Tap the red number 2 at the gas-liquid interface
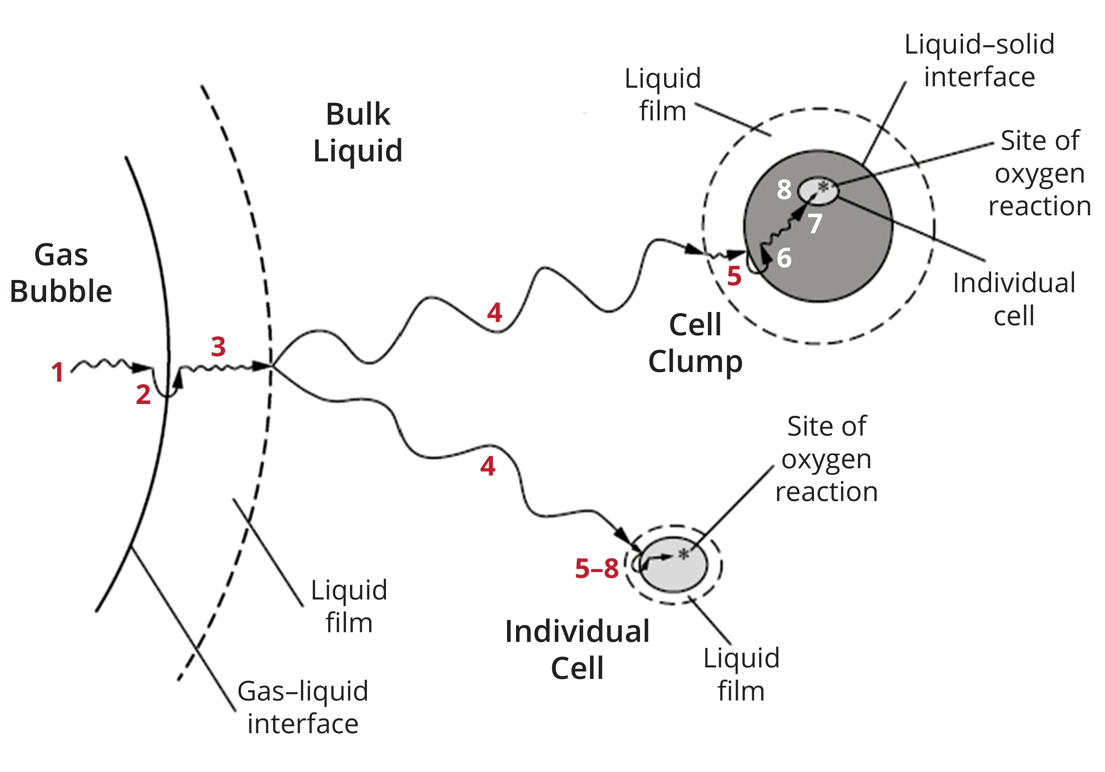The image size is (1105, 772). (x=143, y=394)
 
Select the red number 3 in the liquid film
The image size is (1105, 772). (x=218, y=346)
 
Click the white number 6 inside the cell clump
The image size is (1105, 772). (x=784, y=258)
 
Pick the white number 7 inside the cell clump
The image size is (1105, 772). (x=814, y=224)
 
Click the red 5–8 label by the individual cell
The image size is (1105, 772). (x=597, y=569)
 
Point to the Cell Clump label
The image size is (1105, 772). (x=695, y=343)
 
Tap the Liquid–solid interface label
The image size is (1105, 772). (x=979, y=61)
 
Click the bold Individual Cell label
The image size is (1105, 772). (x=577, y=650)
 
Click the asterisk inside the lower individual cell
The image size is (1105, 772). (x=683, y=555)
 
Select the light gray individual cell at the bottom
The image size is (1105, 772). (x=674, y=570)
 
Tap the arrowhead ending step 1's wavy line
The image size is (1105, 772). (x=142, y=368)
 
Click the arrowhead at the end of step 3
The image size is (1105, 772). (x=261, y=366)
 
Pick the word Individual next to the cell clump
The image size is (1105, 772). (x=1014, y=283)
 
